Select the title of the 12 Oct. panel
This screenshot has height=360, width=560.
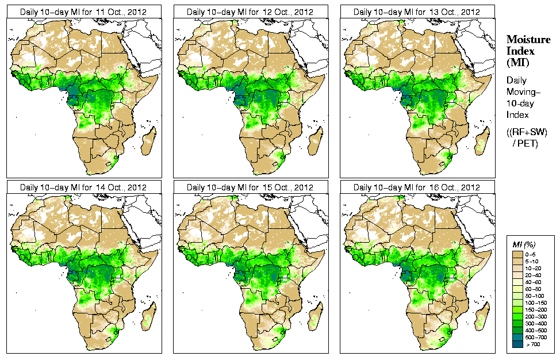coord(250,12)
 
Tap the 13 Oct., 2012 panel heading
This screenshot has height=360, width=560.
coord(417,12)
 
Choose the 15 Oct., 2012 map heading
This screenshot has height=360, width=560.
coord(250,187)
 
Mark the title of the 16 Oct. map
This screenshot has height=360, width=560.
coord(417,187)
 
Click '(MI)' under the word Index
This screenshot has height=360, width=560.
coord(517,62)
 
